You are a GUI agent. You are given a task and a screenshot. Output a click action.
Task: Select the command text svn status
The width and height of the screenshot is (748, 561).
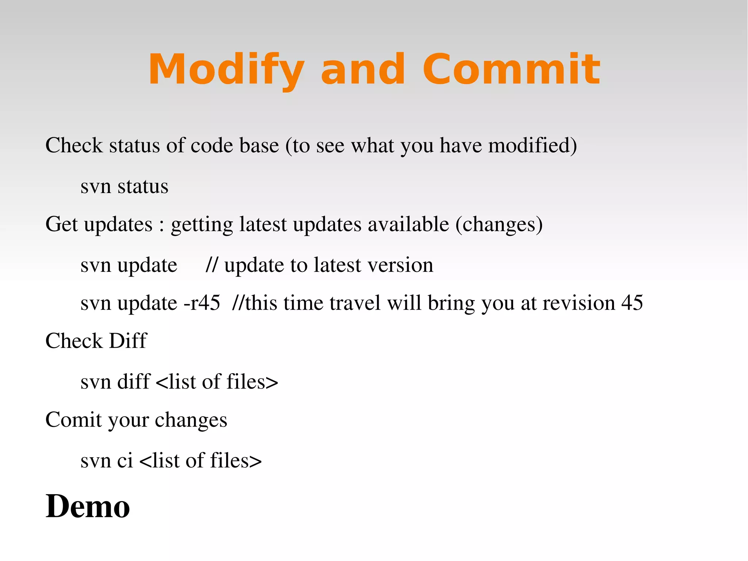(x=124, y=186)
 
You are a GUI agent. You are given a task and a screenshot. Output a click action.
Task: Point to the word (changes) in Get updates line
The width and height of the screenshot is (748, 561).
(x=499, y=224)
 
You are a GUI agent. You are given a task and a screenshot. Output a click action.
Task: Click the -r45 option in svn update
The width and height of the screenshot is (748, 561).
(x=202, y=303)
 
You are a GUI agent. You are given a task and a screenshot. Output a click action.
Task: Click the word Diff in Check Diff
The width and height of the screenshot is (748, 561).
(x=128, y=341)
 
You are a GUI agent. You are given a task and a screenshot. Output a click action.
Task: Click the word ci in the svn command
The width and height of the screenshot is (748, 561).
(x=125, y=460)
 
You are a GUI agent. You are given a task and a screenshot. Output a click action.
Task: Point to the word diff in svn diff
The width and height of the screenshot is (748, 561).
(x=134, y=382)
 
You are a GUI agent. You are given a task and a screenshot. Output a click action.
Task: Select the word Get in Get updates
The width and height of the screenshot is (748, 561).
(x=61, y=224)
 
